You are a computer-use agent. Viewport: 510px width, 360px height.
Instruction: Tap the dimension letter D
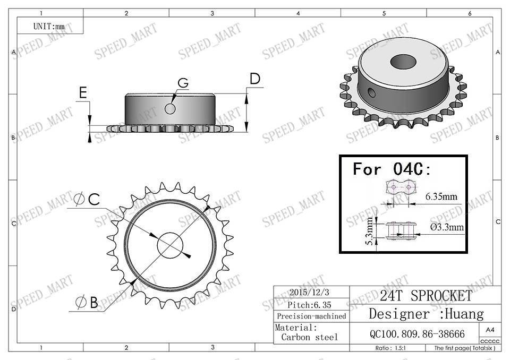point(255,79)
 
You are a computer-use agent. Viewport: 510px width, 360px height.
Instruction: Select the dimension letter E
point(82,93)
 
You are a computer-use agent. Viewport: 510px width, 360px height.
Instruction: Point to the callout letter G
point(183,83)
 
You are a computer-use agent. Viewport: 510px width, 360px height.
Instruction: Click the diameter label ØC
point(87,200)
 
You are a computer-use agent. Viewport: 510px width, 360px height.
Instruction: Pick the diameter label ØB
point(87,303)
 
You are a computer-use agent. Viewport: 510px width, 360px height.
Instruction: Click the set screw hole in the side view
point(170,109)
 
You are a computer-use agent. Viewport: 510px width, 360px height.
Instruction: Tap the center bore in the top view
point(170,245)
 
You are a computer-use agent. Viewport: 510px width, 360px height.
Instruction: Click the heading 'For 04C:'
point(393,169)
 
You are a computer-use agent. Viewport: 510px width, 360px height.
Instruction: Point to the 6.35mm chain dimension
point(441,197)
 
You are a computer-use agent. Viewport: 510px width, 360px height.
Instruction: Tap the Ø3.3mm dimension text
point(447,227)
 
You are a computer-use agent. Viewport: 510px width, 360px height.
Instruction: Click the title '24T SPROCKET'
point(426,296)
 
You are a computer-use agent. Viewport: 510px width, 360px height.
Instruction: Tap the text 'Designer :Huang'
point(426,314)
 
